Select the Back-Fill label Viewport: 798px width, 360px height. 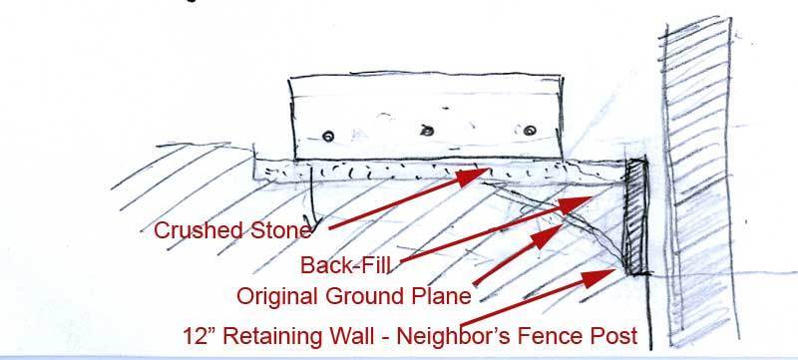(345, 265)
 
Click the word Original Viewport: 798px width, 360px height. (278, 296)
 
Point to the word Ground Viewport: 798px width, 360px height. (364, 296)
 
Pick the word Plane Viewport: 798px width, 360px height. (440, 296)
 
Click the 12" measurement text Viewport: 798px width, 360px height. (199, 336)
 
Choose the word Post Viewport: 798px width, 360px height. (614, 336)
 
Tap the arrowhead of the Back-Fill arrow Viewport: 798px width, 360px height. (576, 203)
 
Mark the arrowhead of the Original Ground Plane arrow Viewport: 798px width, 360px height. (547, 236)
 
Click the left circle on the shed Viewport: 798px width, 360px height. (329, 136)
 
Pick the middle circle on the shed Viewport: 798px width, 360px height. (428, 131)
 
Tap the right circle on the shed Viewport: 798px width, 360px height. (530, 131)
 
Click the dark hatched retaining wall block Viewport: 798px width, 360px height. (636, 217)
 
